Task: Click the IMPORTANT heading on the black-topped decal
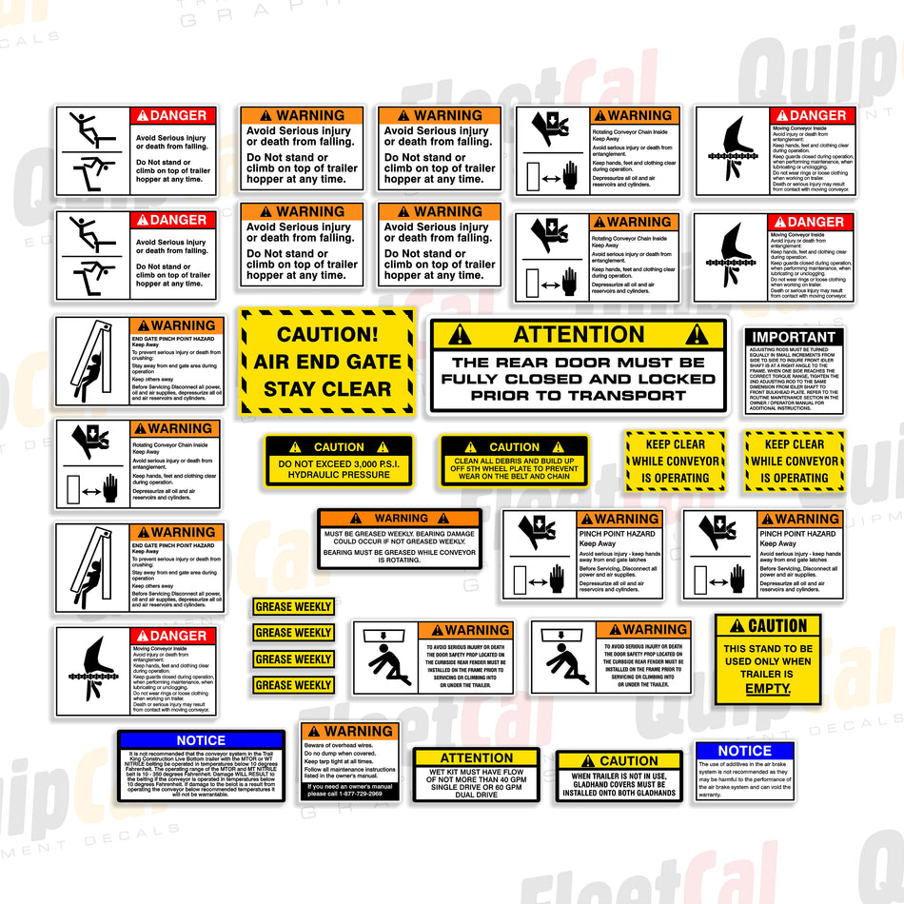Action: coord(794,337)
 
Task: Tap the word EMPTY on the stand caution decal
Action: coord(768,688)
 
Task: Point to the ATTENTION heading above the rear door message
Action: coord(579,334)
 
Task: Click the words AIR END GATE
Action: coord(327,362)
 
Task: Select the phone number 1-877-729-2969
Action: coord(363,794)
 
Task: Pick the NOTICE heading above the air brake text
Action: coord(744,751)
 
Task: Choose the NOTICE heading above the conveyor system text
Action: coord(201,740)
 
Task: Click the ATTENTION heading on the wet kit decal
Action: coord(476,758)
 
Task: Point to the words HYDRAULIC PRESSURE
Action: coord(340,474)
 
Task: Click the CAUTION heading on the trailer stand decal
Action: coord(768,626)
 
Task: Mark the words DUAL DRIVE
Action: coord(476,795)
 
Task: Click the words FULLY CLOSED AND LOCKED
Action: coord(579,379)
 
